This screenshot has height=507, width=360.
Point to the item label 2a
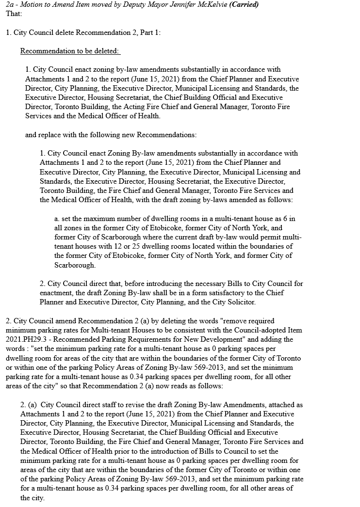pos(10,4)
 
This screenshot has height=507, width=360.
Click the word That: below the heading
pos(14,13)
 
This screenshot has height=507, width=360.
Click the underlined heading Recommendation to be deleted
pos(70,51)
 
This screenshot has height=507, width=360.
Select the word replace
pos(49,134)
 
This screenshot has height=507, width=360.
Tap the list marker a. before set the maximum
pos(57,219)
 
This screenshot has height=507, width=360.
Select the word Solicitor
pos(241,302)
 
